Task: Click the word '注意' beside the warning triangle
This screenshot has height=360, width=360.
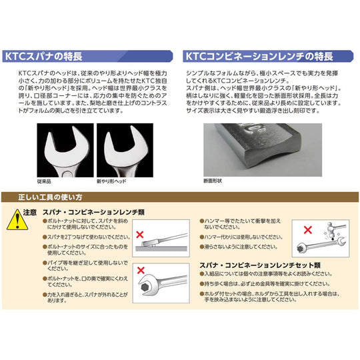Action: click(x=30, y=213)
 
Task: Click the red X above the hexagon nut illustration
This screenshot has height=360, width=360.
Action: click(x=141, y=270)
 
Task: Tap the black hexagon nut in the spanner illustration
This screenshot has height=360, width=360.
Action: click(x=145, y=289)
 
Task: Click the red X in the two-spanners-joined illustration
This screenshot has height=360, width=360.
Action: click(x=140, y=234)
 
